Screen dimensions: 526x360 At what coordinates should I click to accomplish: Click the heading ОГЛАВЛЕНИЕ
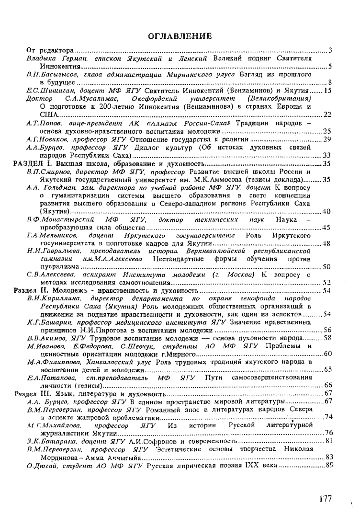coord(180,36)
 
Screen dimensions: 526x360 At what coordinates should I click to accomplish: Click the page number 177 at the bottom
coord(325,499)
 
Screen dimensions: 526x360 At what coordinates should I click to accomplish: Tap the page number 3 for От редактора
coord(330,50)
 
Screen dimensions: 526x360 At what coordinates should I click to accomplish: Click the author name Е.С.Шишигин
coord(45,90)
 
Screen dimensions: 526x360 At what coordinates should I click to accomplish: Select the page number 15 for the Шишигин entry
coord(328,90)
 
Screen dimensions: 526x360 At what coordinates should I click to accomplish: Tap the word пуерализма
coord(56,266)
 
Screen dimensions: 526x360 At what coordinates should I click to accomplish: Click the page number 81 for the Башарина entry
coord(328,440)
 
